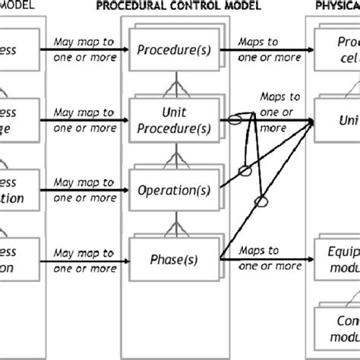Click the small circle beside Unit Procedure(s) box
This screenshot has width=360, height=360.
tap(236, 120)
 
